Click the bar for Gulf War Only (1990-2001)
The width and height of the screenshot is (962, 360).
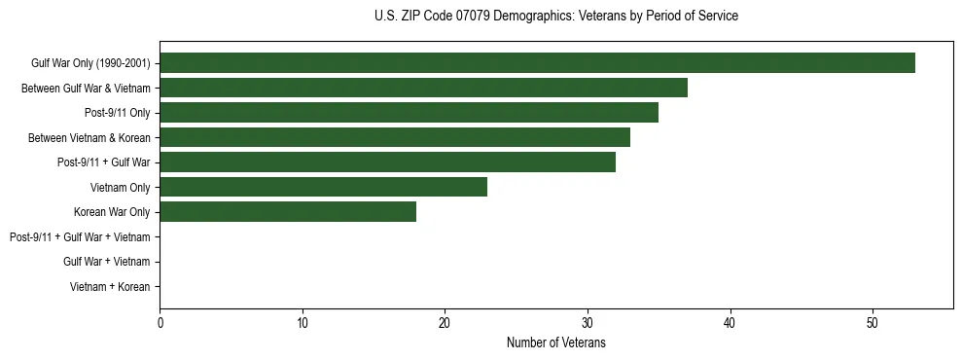[537, 63]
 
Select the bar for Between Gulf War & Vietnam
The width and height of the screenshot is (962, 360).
[423, 88]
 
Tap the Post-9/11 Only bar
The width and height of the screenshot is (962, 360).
[409, 113]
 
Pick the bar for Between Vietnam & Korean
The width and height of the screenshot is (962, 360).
[395, 137]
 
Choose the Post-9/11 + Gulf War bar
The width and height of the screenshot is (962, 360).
[387, 162]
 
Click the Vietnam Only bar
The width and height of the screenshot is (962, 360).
[323, 187]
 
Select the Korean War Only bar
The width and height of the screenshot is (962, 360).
[288, 212]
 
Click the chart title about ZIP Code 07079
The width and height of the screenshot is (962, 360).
[555, 17]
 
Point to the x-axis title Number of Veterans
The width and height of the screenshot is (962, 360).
[555, 343]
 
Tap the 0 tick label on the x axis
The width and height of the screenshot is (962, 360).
[160, 323]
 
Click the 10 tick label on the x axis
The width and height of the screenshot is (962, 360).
[303, 323]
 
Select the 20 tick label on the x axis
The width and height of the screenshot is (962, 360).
[445, 323]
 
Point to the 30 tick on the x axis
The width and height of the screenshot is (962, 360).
[588, 323]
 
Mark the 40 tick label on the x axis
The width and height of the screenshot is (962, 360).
[730, 323]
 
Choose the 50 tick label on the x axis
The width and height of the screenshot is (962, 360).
[873, 323]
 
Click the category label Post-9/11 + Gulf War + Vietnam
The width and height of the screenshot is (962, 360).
[80, 237]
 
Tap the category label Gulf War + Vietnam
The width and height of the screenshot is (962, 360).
[106, 262]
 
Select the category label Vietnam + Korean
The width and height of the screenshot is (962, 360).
[110, 287]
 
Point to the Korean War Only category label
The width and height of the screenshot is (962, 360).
[112, 212]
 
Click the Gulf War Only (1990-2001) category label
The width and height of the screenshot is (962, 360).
[90, 63]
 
